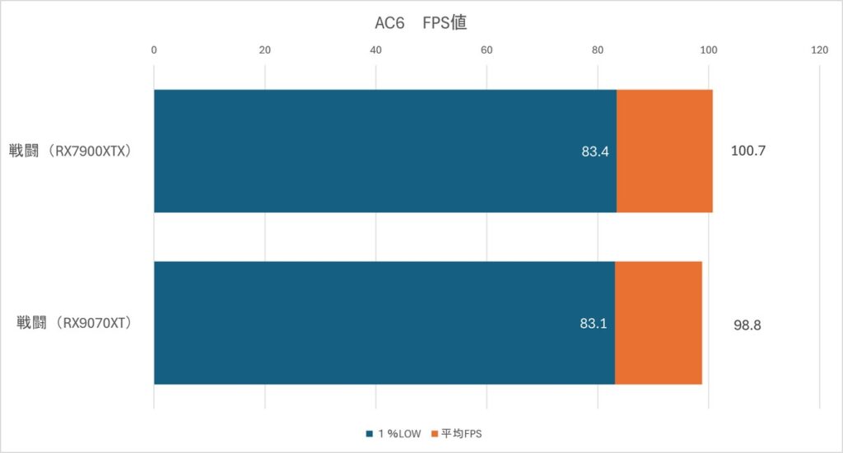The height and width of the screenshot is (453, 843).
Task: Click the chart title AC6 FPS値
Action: click(421, 23)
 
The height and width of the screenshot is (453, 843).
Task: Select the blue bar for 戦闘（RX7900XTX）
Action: click(384, 151)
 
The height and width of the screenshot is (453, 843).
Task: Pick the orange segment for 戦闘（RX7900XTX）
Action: click(664, 151)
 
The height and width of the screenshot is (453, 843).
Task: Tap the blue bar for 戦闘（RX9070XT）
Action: click(384, 323)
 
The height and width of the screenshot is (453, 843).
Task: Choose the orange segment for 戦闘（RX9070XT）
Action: click(658, 323)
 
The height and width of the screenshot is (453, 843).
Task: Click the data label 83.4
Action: click(595, 152)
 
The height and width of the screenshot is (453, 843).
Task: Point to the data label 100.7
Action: click(748, 152)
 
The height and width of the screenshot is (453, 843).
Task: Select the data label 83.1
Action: click(594, 324)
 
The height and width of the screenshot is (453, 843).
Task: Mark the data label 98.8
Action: click(747, 325)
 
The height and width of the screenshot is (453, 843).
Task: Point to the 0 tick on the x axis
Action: click(154, 50)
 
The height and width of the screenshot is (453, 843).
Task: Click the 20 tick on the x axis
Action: click(265, 50)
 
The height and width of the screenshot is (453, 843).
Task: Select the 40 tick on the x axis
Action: click(376, 50)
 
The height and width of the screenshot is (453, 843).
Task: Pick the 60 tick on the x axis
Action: click(487, 50)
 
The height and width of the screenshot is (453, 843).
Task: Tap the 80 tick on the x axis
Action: click(598, 50)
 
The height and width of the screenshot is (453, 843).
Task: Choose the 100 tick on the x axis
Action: click(709, 50)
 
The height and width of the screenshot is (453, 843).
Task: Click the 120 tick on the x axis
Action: click(820, 50)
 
